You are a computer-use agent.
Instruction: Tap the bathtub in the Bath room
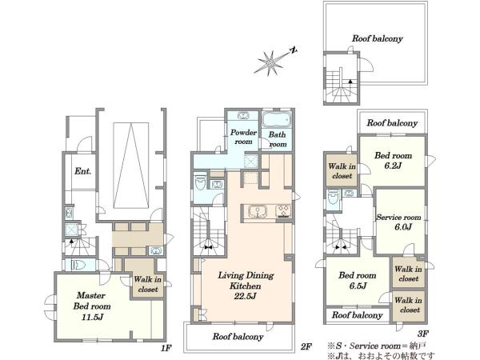pos(276,120)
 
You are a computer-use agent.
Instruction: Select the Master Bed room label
pos(92,306)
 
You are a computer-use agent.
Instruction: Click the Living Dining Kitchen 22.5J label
pos(246,286)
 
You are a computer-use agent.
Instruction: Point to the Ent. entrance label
pos(83,171)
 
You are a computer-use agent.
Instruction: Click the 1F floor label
pos(166,348)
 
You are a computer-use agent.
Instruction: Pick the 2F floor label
pos(306,346)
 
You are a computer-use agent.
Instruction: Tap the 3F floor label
pos(422,334)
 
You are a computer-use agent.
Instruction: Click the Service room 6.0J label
pos(398,222)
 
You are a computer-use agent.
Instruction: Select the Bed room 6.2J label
pos(393,161)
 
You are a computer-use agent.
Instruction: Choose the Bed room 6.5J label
pos(358,281)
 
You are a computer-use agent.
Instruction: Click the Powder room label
pos(243,137)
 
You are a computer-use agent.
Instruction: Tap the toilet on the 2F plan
pos(201,182)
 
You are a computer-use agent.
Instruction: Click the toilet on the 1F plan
pos(78,265)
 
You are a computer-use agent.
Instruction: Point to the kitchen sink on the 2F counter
pos(258,211)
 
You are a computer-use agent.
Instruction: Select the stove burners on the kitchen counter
pos(283,211)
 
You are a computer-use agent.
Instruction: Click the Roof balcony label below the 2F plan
pos(238,337)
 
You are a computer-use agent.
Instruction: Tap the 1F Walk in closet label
pos(147,284)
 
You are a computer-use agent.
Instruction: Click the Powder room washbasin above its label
pos(243,116)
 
